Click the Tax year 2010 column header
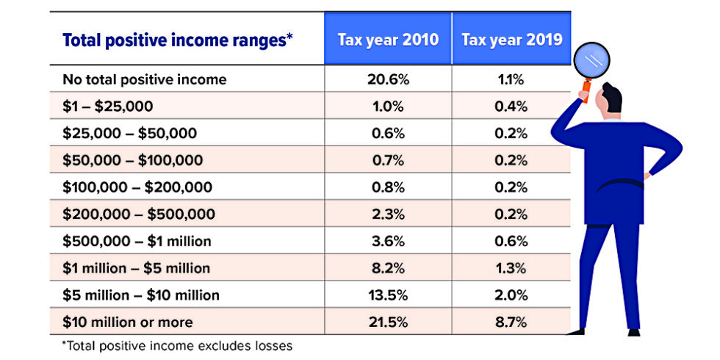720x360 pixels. click(x=387, y=39)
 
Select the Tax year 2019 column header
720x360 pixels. click(x=511, y=39)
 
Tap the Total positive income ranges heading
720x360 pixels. click(x=178, y=40)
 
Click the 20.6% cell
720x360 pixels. click(x=387, y=79)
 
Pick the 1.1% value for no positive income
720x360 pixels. click(x=511, y=79)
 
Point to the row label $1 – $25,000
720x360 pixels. click(x=108, y=107)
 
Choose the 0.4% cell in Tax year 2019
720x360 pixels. click(x=511, y=107)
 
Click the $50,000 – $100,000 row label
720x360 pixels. click(x=132, y=160)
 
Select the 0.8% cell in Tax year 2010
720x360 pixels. click(x=387, y=187)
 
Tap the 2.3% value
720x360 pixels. click(x=387, y=215)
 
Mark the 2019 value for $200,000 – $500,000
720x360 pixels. click(x=511, y=215)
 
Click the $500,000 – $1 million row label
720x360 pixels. click(x=137, y=242)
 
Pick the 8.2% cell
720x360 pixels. click(x=387, y=268)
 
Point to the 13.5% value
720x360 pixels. click(x=387, y=295)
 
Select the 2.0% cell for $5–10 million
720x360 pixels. click(x=511, y=295)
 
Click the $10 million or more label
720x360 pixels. click(x=129, y=322)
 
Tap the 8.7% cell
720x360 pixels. click(x=511, y=322)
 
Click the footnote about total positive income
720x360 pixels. click(x=176, y=345)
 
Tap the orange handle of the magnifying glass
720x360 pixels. click(x=587, y=91)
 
